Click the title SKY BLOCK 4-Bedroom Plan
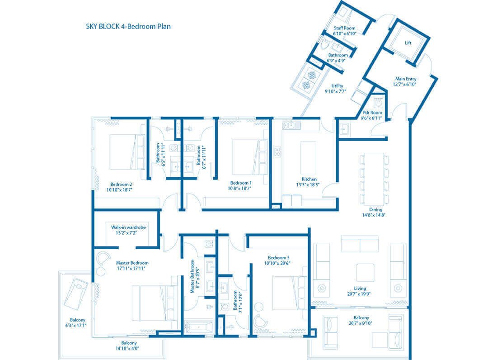128,26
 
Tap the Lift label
408,43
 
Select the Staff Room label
345,28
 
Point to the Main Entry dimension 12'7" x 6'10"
406,84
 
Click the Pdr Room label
373,113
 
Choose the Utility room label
337,86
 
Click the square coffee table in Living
365,273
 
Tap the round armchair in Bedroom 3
261,320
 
